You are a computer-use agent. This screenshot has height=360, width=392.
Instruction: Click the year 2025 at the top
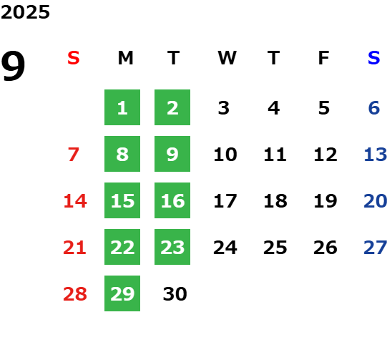(x=25, y=12)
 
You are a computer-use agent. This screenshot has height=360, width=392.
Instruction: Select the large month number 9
(x=13, y=66)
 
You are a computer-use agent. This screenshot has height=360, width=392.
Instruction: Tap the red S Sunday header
(x=74, y=58)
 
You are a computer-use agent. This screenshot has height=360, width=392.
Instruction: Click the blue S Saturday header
(x=374, y=58)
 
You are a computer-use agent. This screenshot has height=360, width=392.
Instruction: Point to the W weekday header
(x=227, y=58)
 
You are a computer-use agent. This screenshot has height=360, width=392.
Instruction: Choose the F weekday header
(x=324, y=58)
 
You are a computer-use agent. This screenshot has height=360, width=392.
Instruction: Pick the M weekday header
(x=125, y=58)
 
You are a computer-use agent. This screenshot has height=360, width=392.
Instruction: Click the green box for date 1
(x=122, y=107)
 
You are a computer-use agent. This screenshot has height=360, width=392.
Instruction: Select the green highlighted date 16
(x=172, y=200)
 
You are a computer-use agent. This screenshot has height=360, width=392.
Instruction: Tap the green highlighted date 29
(x=122, y=293)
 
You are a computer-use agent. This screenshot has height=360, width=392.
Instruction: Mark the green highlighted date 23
(x=172, y=247)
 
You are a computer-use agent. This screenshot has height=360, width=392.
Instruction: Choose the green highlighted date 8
(x=122, y=154)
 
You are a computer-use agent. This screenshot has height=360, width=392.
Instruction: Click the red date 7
(x=74, y=155)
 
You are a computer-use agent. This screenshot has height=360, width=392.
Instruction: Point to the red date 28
(x=75, y=294)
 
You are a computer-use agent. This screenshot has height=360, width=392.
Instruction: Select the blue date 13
(x=376, y=155)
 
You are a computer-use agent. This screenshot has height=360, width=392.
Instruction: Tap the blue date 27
(x=376, y=248)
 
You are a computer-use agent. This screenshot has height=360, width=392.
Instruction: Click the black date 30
(x=175, y=294)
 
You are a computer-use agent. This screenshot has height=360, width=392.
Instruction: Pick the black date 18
(x=275, y=201)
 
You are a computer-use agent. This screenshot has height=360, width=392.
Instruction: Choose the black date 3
(x=223, y=108)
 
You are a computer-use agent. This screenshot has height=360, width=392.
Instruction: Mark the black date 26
(x=325, y=248)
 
